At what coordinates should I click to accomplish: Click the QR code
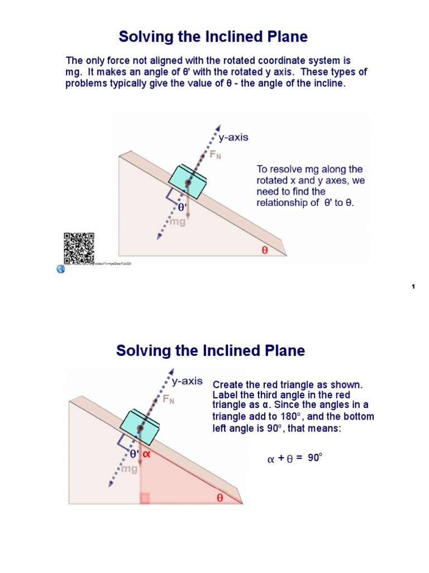[79, 248]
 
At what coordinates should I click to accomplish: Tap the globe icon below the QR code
[61, 269]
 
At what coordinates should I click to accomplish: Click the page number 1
[413, 286]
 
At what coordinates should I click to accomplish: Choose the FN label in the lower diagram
[168, 400]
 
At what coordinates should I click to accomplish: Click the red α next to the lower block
[147, 454]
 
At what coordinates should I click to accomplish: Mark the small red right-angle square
[145, 498]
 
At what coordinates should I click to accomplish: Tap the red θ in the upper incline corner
[265, 250]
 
